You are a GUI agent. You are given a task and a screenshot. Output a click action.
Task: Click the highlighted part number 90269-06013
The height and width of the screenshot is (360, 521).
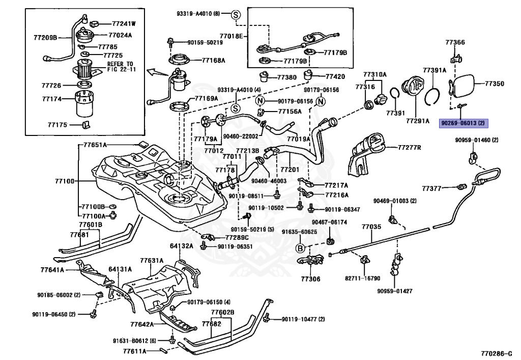(464, 123)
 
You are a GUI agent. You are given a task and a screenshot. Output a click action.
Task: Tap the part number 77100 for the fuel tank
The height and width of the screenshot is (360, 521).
(65, 181)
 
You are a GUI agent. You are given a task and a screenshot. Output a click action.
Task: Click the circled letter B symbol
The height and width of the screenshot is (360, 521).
(300, 248)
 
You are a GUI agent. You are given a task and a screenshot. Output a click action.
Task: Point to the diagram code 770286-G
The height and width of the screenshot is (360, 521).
(497, 353)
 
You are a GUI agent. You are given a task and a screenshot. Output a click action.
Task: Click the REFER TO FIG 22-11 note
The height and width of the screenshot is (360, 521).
(121, 67)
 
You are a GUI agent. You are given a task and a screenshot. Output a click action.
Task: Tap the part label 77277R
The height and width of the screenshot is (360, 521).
(410, 147)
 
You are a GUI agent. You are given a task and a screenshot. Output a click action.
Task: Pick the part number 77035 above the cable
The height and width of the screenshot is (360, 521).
(371, 227)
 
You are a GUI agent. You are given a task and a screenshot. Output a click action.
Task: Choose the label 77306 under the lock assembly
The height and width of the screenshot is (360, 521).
(311, 279)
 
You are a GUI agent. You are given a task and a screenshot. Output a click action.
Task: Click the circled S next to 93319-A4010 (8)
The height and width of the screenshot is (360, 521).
(236, 15)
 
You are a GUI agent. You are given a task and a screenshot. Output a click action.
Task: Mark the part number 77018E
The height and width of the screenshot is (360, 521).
(231, 36)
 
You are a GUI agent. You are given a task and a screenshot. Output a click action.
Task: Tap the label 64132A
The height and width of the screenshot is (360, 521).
(182, 245)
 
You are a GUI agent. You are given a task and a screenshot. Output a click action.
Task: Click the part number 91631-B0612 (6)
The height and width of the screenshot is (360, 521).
(134, 341)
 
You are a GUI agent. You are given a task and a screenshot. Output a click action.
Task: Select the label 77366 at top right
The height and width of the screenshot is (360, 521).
(455, 42)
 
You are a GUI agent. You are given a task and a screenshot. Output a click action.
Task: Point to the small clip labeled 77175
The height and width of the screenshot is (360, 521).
(86, 124)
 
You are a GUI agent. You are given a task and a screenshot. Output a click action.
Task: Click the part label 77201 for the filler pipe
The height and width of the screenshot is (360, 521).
(290, 170)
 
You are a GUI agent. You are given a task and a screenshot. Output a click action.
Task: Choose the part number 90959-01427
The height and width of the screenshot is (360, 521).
(395, 291)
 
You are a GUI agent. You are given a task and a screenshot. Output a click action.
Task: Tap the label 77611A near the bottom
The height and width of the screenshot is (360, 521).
(134, 351)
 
